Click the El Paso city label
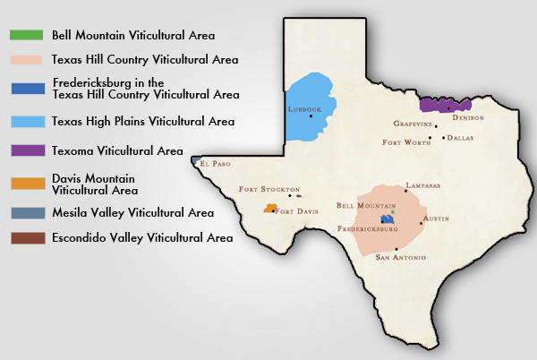point(216,165)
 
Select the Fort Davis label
point(296,211)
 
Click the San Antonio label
point(400,258)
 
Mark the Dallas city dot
point(443,138)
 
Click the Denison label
point(467,117)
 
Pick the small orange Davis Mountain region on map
point(268,208)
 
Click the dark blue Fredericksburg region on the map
point(388,219)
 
